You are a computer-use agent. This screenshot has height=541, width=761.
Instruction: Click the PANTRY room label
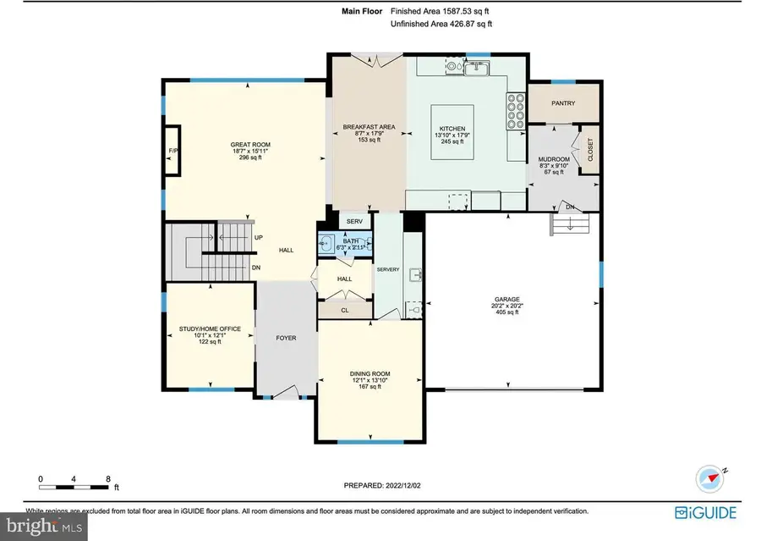click(563, 103)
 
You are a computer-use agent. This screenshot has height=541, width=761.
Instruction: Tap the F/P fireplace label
click(172, 151)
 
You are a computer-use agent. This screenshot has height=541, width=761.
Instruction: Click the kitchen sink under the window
click(479, 69)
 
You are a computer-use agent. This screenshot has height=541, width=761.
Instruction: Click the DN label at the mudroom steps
click(571, 207)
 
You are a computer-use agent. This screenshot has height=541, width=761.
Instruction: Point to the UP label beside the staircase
click(257, 237)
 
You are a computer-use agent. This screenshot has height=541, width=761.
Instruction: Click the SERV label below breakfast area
click(355, 222)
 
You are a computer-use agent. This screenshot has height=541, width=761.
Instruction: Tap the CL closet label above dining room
click(344, 311)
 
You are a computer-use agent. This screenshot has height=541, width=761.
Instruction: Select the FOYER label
click(286, 337)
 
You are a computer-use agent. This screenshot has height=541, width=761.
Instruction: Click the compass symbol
click(709, 478)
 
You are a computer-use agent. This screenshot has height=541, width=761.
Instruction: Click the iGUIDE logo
click(705, 512)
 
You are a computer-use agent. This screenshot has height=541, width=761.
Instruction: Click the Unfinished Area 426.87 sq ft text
click(441, 25)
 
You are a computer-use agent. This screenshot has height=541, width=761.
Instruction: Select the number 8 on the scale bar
click(108, 478)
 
